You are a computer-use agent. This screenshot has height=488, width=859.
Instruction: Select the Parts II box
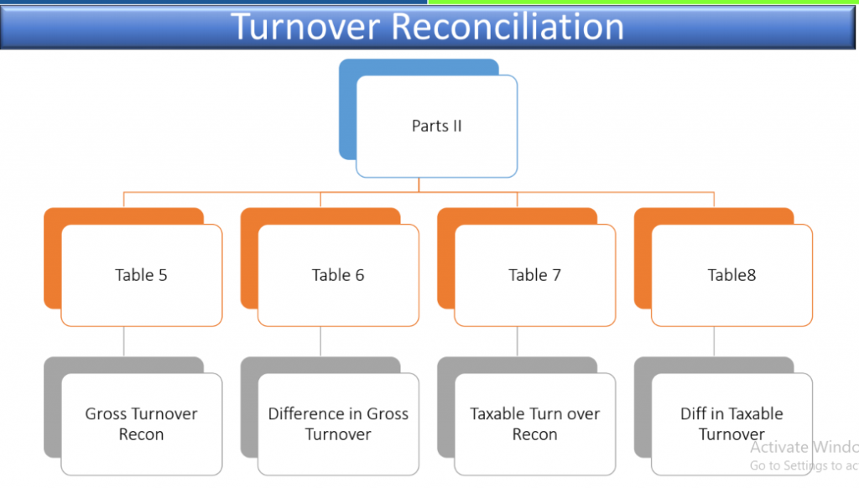click(436, 126)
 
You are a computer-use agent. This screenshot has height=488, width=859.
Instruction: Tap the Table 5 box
click(141, 275)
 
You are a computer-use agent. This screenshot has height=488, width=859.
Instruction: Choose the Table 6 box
click(338, 275)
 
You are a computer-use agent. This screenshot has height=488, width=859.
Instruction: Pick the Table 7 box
click(534, 275)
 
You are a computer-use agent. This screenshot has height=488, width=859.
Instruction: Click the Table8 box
click(731, 275)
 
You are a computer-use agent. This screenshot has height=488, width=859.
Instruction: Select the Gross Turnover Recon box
click(141, 424)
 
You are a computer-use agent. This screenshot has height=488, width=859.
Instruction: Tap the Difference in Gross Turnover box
click(338, 424)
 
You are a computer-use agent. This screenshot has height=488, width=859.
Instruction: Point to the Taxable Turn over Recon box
click(534, 424)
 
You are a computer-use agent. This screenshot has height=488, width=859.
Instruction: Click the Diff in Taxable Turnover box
click(731, 424)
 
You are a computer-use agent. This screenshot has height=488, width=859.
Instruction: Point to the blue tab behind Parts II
click(347, 110)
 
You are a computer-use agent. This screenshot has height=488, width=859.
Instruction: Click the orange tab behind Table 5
click(53, 257)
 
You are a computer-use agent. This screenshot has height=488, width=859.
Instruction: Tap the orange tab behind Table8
click(643, 257)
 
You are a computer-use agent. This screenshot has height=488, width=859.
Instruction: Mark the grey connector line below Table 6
click(320, 342)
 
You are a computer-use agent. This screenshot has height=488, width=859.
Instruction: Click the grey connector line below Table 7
click(517, 342)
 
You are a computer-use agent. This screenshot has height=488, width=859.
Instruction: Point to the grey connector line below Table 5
click(124, 342)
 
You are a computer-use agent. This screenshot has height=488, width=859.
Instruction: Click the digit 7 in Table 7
click(557, 275)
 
